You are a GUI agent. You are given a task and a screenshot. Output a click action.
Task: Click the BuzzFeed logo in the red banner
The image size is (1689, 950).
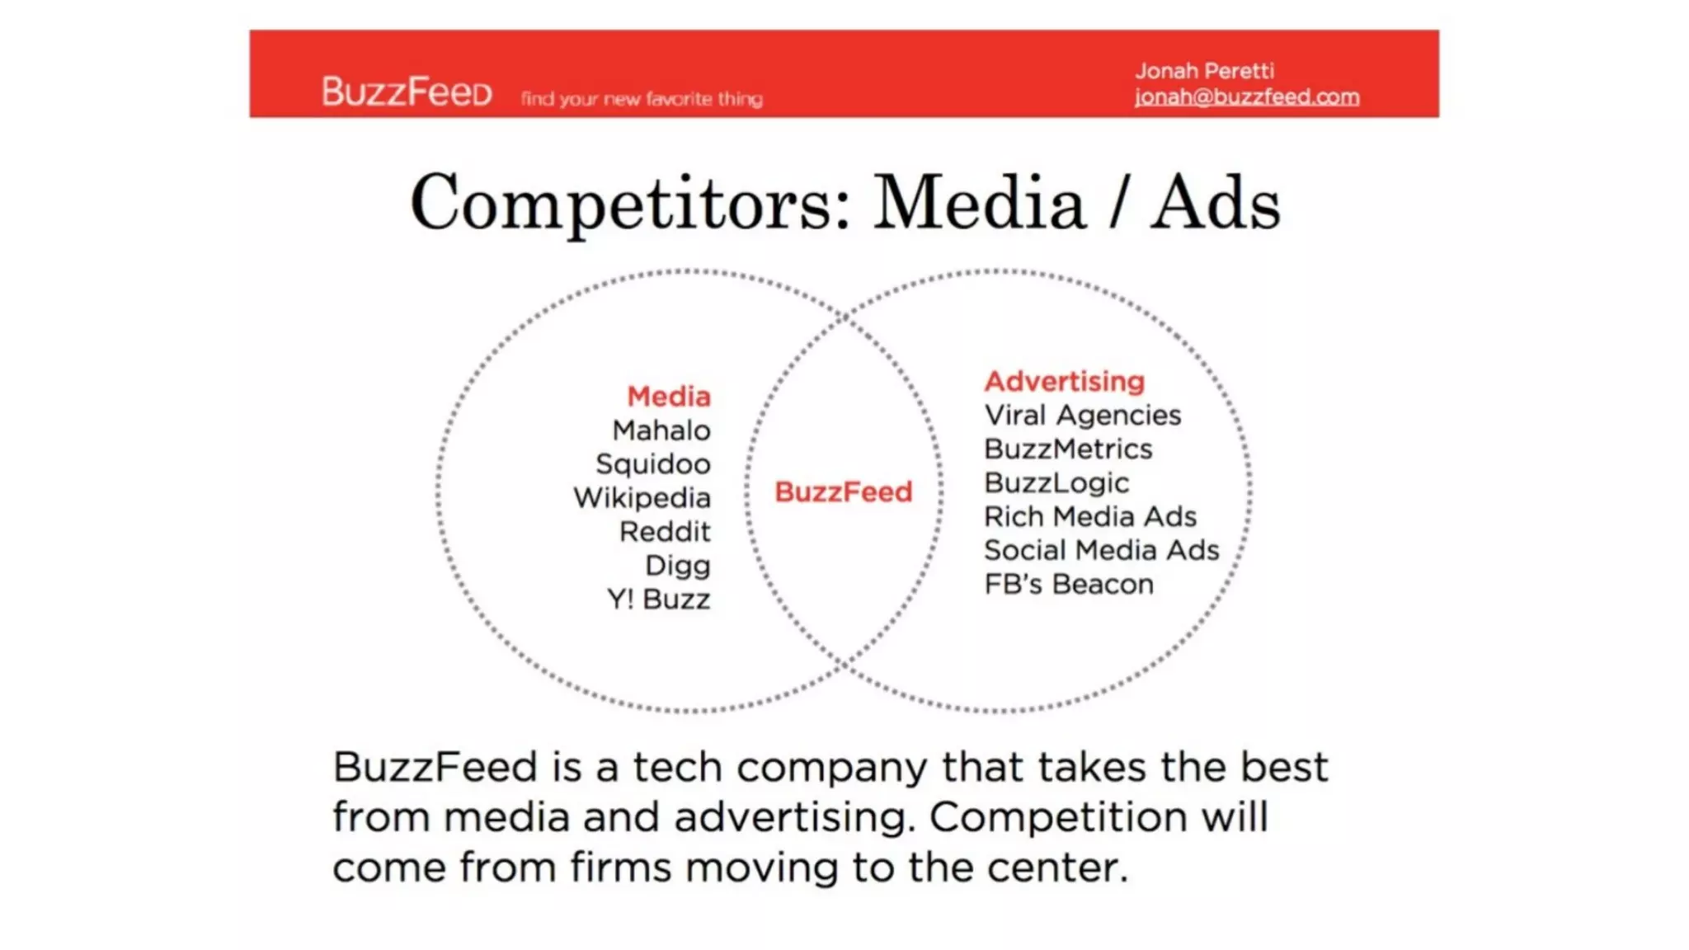(407, 92)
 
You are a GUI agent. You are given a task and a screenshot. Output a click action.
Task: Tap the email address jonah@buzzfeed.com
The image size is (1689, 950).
(1246, 97)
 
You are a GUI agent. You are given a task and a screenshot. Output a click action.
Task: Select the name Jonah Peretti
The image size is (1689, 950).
(1204, 71)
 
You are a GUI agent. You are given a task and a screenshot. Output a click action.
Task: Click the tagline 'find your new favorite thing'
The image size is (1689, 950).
(642, 99)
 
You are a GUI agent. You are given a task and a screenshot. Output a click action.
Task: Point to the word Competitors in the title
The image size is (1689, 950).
(630, 203)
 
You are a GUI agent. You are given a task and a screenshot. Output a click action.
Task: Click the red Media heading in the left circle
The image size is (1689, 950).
(668, 397)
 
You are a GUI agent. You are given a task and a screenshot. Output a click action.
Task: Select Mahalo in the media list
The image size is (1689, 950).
(661, 430)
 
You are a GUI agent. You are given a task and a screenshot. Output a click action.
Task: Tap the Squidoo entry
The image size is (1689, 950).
(652, 464)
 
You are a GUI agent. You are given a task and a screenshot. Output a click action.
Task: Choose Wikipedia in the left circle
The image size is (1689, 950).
(642, 498)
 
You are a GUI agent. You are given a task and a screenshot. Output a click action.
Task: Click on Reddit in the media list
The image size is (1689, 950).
(664, 532)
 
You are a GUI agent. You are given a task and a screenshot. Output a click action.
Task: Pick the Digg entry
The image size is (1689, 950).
(677, 566)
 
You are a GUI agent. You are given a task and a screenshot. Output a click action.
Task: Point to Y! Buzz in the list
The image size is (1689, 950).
(658, 600)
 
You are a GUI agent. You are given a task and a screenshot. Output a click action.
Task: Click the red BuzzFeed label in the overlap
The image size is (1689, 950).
(843, 492)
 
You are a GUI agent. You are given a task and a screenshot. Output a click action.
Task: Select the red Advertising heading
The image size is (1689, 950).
(1064, 381)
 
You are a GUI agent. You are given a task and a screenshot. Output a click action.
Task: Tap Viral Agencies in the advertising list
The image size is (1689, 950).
(1082, 415)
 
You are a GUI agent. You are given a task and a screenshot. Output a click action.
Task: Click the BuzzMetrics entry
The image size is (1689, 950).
(1068, 449)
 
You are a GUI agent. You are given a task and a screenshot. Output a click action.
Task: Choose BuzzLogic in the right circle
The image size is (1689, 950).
(1056, 482)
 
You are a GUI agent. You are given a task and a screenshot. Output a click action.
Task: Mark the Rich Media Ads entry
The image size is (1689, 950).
(1089, 516)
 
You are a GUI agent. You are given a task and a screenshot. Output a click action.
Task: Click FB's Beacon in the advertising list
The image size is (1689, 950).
(1068, 584)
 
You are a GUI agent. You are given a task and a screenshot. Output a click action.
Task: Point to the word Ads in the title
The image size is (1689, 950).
(1216, 203)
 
